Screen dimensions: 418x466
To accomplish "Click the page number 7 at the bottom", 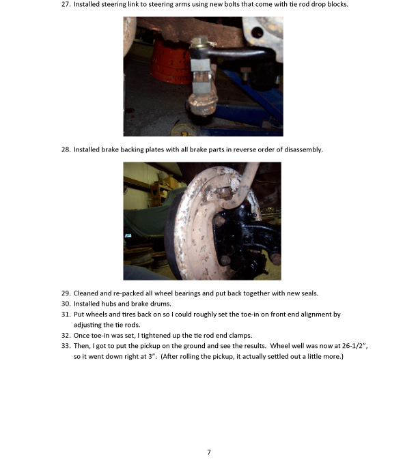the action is tap(209, 452).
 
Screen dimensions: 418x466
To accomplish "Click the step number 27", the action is tap(66, 5).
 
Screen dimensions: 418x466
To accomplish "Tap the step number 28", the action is tap(66, 149).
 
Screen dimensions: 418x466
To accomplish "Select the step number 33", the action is tap(66, 346).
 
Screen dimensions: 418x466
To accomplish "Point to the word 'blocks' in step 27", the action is tap(337, 5).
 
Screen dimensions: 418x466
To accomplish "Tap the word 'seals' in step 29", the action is tap(309, 293).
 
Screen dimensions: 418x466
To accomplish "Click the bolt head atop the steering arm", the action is tap(200, 41).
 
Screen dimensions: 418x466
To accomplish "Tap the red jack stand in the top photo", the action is tap(171, 61).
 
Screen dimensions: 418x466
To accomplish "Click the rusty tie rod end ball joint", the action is tap(202, 104).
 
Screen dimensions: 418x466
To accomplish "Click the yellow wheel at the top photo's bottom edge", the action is tap(184, 130).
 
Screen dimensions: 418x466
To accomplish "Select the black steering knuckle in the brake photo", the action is tap(244, 237).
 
